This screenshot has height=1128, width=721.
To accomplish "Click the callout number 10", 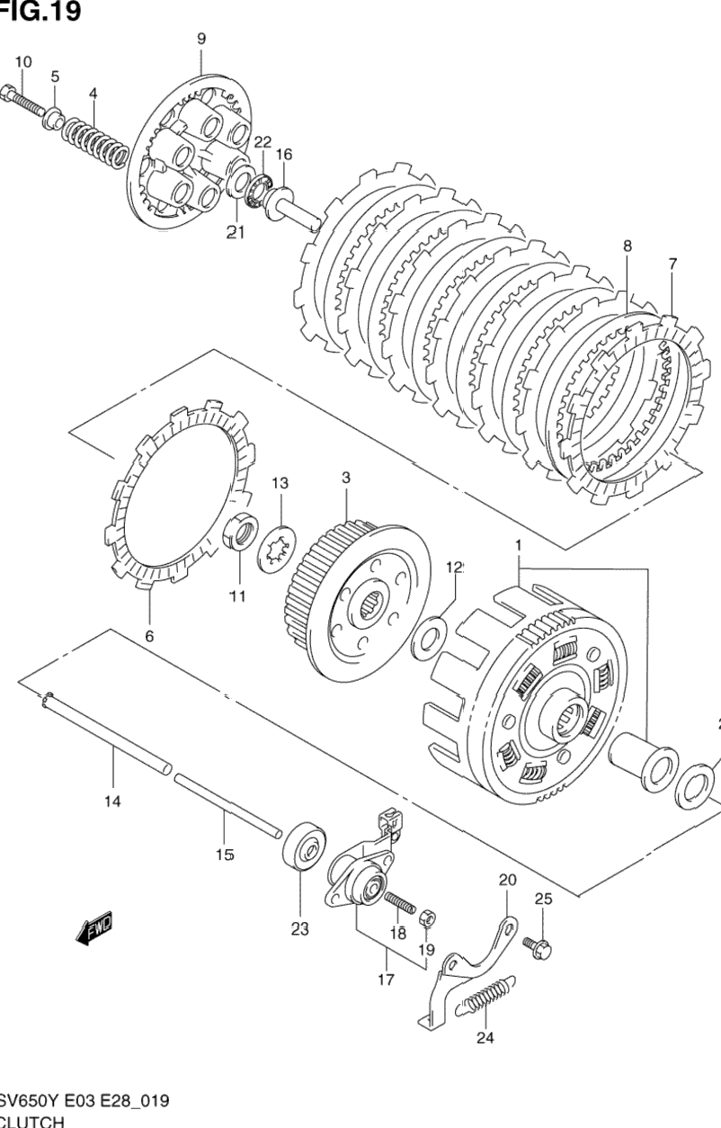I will (22, 61).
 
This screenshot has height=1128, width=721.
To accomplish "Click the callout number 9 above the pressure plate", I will (200, 38).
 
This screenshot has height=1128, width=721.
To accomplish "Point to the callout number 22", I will (263, 142).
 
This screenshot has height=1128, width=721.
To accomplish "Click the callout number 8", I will (627, 245).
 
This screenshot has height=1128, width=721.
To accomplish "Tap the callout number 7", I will (672, 264).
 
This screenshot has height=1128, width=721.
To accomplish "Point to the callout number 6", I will (149, 636).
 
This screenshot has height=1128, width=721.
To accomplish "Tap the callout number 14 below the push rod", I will (113, 800).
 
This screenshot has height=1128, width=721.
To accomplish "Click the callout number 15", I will (225, 855).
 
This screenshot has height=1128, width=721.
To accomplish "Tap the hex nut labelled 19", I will (430, 918).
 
